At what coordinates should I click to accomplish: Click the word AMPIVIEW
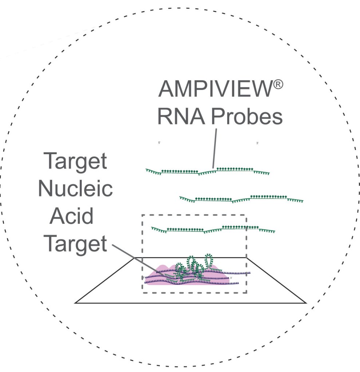[215, 89]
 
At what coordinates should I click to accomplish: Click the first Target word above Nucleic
[75, 161]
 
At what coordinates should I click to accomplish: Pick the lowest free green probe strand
[213, 229]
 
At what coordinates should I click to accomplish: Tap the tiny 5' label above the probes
[159, 143]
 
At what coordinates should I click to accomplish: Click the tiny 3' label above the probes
[257, 143]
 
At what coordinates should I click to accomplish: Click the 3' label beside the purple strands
[231, 278]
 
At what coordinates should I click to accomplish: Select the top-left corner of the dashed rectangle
[142, 215]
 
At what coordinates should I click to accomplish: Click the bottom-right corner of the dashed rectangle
[247, 293]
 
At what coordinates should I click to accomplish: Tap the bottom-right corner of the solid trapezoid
[306, 303]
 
